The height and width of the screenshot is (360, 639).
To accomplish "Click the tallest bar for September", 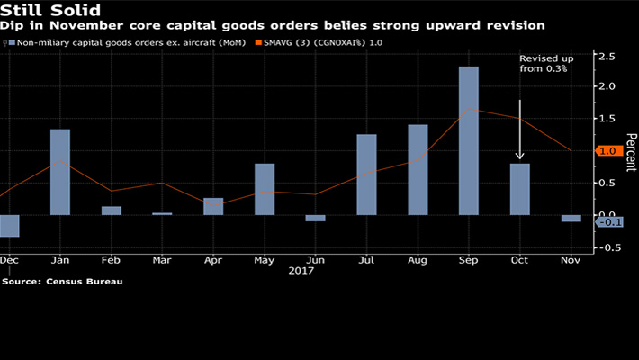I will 468,140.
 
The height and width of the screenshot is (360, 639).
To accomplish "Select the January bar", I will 60,172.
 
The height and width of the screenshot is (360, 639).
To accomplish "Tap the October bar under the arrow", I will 519,189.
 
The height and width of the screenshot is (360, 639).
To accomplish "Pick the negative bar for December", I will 9,225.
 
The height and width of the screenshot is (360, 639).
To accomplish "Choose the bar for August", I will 418,169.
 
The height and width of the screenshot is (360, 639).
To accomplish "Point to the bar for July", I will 366,175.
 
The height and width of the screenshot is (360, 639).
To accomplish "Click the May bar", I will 265,189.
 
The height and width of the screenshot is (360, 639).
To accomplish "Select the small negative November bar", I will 571,218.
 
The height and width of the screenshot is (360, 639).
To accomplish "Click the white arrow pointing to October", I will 520,130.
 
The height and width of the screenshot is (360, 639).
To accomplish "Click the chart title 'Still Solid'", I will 45,11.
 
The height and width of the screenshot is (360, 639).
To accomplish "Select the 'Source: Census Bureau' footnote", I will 62,282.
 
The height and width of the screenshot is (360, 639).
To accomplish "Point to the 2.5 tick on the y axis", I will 609,57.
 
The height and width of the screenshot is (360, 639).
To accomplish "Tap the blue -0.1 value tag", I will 610,222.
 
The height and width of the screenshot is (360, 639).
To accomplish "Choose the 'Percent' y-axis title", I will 631,153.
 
